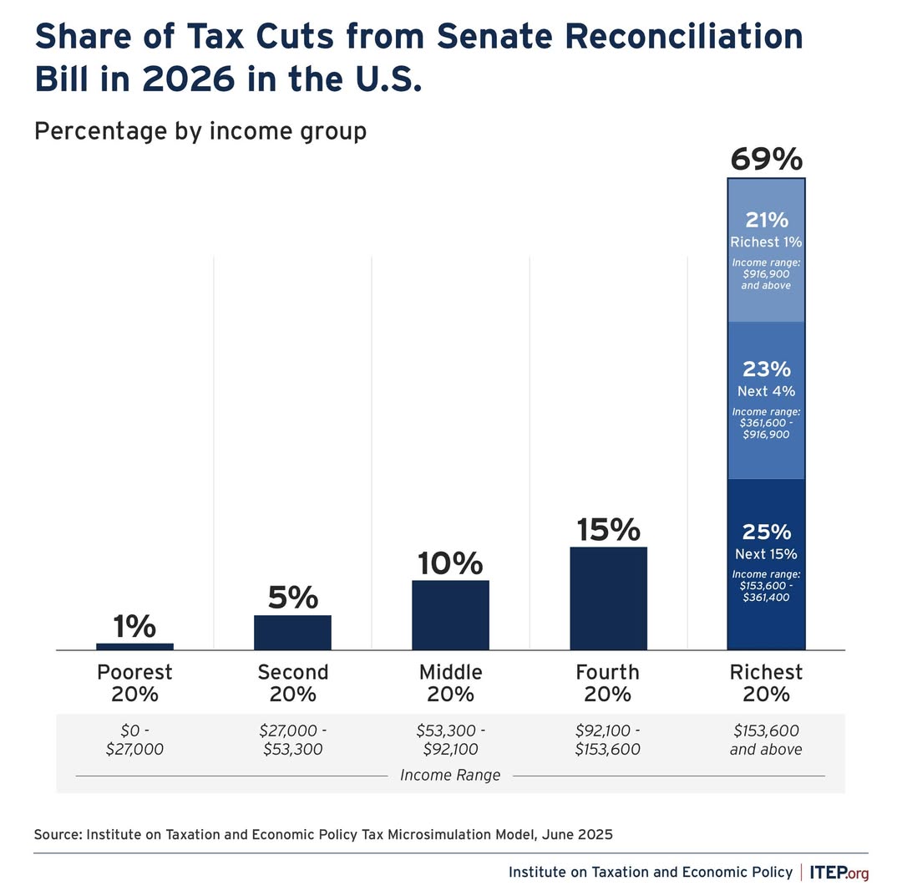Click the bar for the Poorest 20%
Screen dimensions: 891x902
[134, 646]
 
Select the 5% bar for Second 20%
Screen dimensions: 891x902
[292, 632]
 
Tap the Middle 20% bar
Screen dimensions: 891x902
[450, 614]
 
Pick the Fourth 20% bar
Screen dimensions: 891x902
[608, 598]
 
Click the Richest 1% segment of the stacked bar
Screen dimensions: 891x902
[766, 251]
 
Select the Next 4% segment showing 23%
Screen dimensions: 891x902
[766, 400]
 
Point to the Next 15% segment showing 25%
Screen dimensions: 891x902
[766, 564]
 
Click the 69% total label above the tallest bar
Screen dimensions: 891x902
[766, 159]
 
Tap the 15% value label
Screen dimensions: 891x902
[608, 530]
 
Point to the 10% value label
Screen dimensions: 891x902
[450, 563]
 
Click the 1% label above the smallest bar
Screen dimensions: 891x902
[134, 626]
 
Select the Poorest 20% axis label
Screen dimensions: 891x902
[134, 683]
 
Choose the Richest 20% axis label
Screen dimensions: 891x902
[766, 683]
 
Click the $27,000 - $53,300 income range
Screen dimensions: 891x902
[292, 740]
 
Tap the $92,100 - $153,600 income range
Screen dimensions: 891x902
[608, 740]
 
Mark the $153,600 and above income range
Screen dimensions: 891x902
[766, 740]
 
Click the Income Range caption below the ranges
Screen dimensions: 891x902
[450, 776]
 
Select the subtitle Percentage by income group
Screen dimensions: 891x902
[200, 131]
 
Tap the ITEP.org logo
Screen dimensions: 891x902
[839, 873]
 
